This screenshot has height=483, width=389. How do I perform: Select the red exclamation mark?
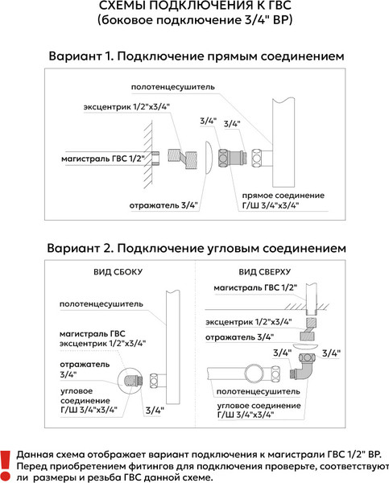(6, 461)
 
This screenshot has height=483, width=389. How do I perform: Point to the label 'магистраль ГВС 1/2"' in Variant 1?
(104, 159)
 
